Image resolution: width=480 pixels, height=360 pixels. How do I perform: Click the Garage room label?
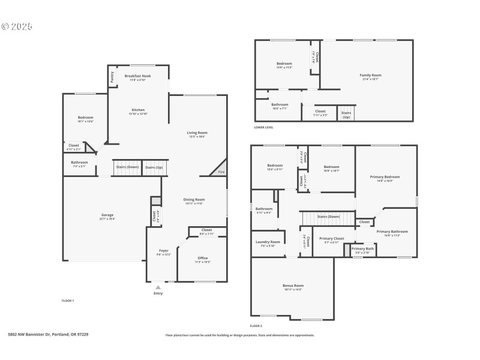[x=107, y=215]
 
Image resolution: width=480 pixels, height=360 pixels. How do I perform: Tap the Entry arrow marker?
[x=158, y=288]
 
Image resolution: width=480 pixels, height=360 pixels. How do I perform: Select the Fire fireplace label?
[x=220, y=172]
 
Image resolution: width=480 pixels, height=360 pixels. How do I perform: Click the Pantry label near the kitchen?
[x=112, y=77]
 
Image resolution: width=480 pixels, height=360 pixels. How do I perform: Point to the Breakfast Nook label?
[x=137, y=76]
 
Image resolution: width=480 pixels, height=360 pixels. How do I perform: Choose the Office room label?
[x=203, y=258]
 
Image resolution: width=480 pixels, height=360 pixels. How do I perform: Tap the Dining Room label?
[x=194, y=199]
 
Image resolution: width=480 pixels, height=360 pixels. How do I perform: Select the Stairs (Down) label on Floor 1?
[x=127, y=167]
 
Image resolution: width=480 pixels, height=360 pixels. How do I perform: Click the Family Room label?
[x=370, y=75]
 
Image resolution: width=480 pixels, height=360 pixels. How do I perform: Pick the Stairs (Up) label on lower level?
[x=346, y=115]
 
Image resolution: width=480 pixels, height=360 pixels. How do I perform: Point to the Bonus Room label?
[x=293, y=286]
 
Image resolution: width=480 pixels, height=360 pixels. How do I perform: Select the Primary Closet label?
[x=331, y=238]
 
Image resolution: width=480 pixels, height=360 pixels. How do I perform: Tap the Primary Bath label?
[x=362, y=248]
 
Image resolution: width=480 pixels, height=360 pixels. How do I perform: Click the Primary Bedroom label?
[x=385, y=177]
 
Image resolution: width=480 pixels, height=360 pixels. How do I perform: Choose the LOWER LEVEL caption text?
[x=263, y=127]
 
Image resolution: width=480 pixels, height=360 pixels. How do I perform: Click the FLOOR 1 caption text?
[x=68, y=300]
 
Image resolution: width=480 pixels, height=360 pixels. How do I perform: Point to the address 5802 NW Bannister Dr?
[x=47, y=335]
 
